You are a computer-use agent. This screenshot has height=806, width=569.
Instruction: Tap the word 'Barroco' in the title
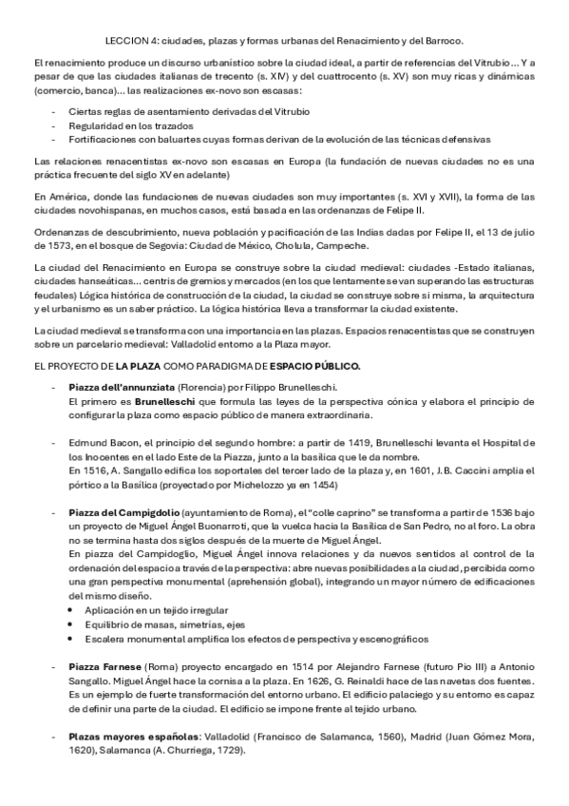[441, 41]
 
